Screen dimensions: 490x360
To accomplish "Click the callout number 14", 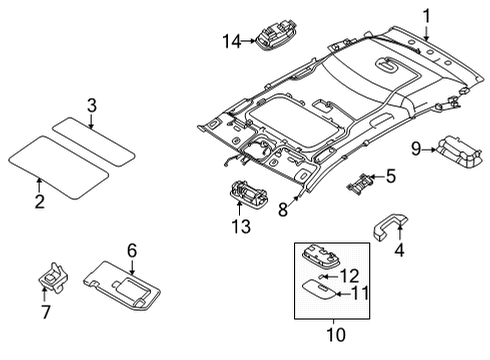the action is pos(231,42).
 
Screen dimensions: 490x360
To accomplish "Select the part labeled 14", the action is pos(276,34).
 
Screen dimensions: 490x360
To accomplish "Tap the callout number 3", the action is pos(92,105).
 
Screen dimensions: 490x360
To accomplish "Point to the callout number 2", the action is pos(40,202).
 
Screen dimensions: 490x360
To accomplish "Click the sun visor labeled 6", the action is pos(122,286).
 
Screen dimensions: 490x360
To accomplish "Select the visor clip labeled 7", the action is pos(53,277).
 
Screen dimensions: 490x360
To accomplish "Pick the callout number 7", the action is pos(45,312).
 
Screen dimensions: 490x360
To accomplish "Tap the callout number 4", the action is pos(399,250).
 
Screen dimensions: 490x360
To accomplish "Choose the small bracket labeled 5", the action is pos(360,184).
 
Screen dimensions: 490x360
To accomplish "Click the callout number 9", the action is pos(416,149).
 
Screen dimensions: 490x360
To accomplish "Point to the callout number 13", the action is pos(241,227).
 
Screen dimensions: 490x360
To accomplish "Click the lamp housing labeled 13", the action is pos(249,194).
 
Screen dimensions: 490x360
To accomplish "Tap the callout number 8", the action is pos(283,210).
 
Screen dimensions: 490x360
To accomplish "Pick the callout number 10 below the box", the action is pos(336,335).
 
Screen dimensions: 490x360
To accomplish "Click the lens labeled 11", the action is pos(318,288).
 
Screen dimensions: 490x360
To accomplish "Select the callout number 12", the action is pos(349,276).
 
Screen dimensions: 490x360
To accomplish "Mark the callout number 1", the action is pos(426,16).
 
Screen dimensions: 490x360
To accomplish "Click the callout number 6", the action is pos(132,250).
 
